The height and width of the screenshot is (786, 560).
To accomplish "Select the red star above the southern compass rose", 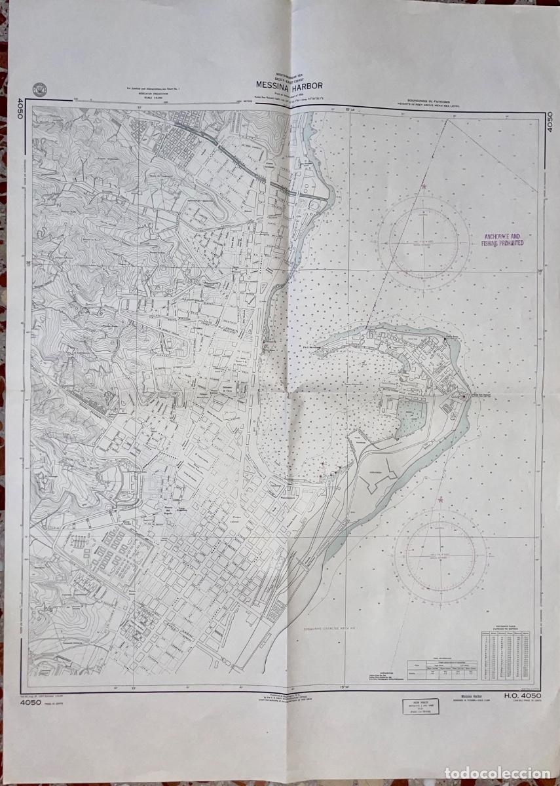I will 440,500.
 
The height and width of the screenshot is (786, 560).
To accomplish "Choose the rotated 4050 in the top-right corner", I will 550,119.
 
